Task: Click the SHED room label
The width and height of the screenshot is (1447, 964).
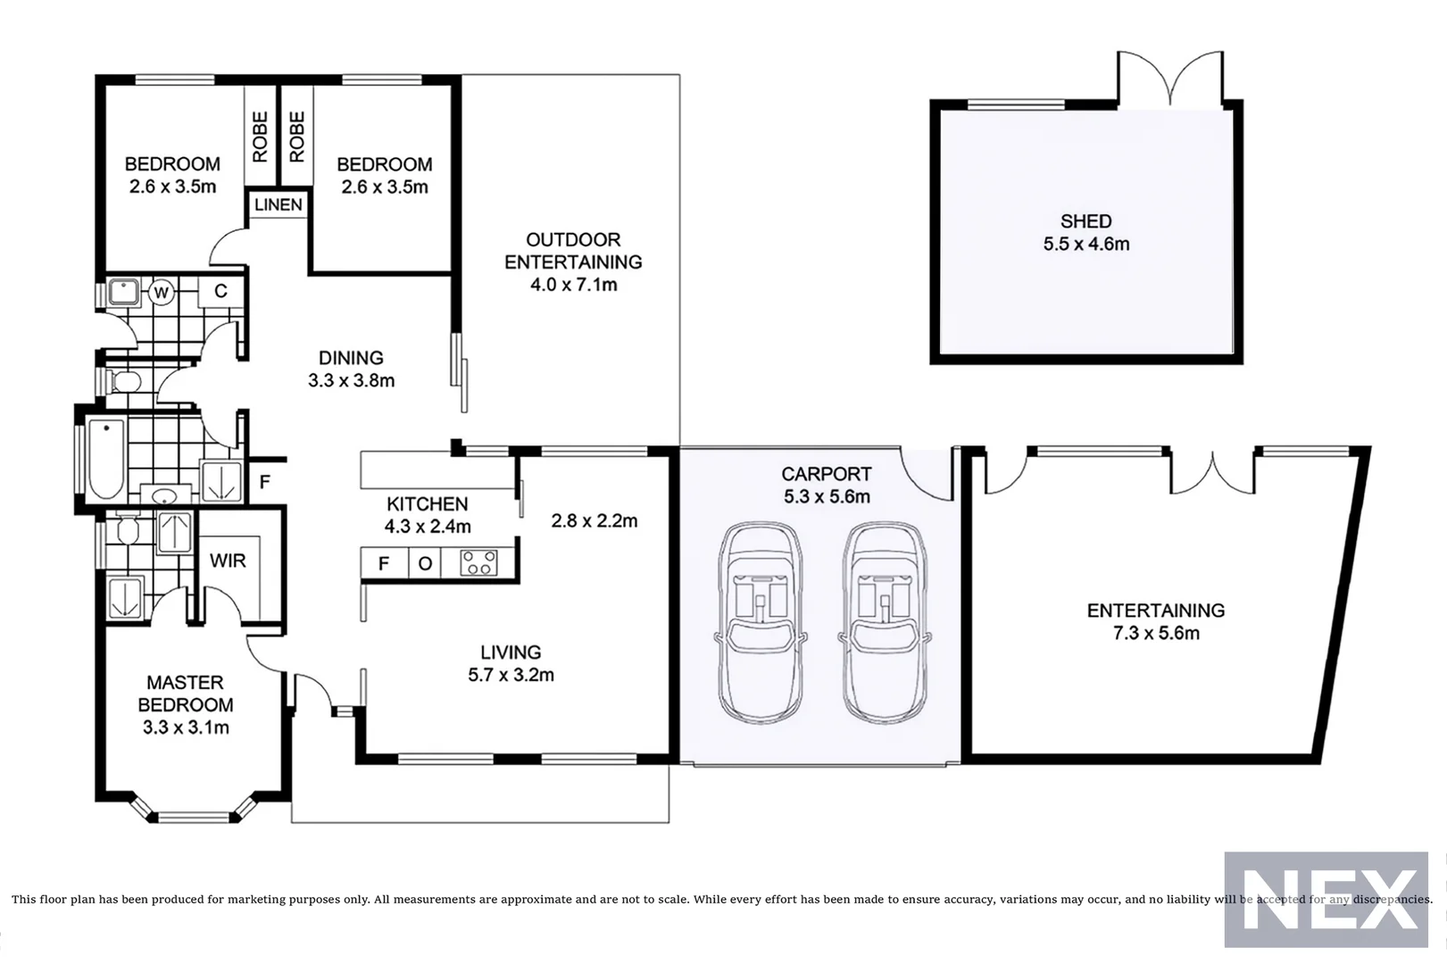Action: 1085,221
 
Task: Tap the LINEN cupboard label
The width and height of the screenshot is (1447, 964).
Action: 279,205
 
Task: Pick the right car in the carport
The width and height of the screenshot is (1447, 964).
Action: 884,623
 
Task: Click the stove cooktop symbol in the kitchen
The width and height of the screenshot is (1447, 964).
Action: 478,563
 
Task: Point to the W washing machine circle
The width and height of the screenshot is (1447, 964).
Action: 162,292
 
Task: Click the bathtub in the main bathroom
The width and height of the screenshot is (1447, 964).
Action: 106,460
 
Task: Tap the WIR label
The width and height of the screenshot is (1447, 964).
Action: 228,561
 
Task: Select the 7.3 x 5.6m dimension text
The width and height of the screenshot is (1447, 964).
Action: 1155,634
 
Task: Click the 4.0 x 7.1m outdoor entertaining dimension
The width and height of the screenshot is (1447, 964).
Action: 573,285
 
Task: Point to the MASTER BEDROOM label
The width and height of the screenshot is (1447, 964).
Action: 186,694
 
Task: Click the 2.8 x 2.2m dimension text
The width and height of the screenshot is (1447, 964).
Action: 594,521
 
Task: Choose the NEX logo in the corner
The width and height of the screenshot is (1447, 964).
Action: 1326,899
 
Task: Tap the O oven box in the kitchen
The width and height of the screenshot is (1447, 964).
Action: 426,563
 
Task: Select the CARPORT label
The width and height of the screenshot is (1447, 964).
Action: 826,474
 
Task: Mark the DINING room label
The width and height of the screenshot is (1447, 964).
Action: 351,358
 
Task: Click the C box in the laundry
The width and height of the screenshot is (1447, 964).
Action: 220,292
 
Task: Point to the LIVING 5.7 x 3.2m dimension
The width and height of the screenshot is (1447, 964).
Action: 511,676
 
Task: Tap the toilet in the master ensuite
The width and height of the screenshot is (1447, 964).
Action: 127,530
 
